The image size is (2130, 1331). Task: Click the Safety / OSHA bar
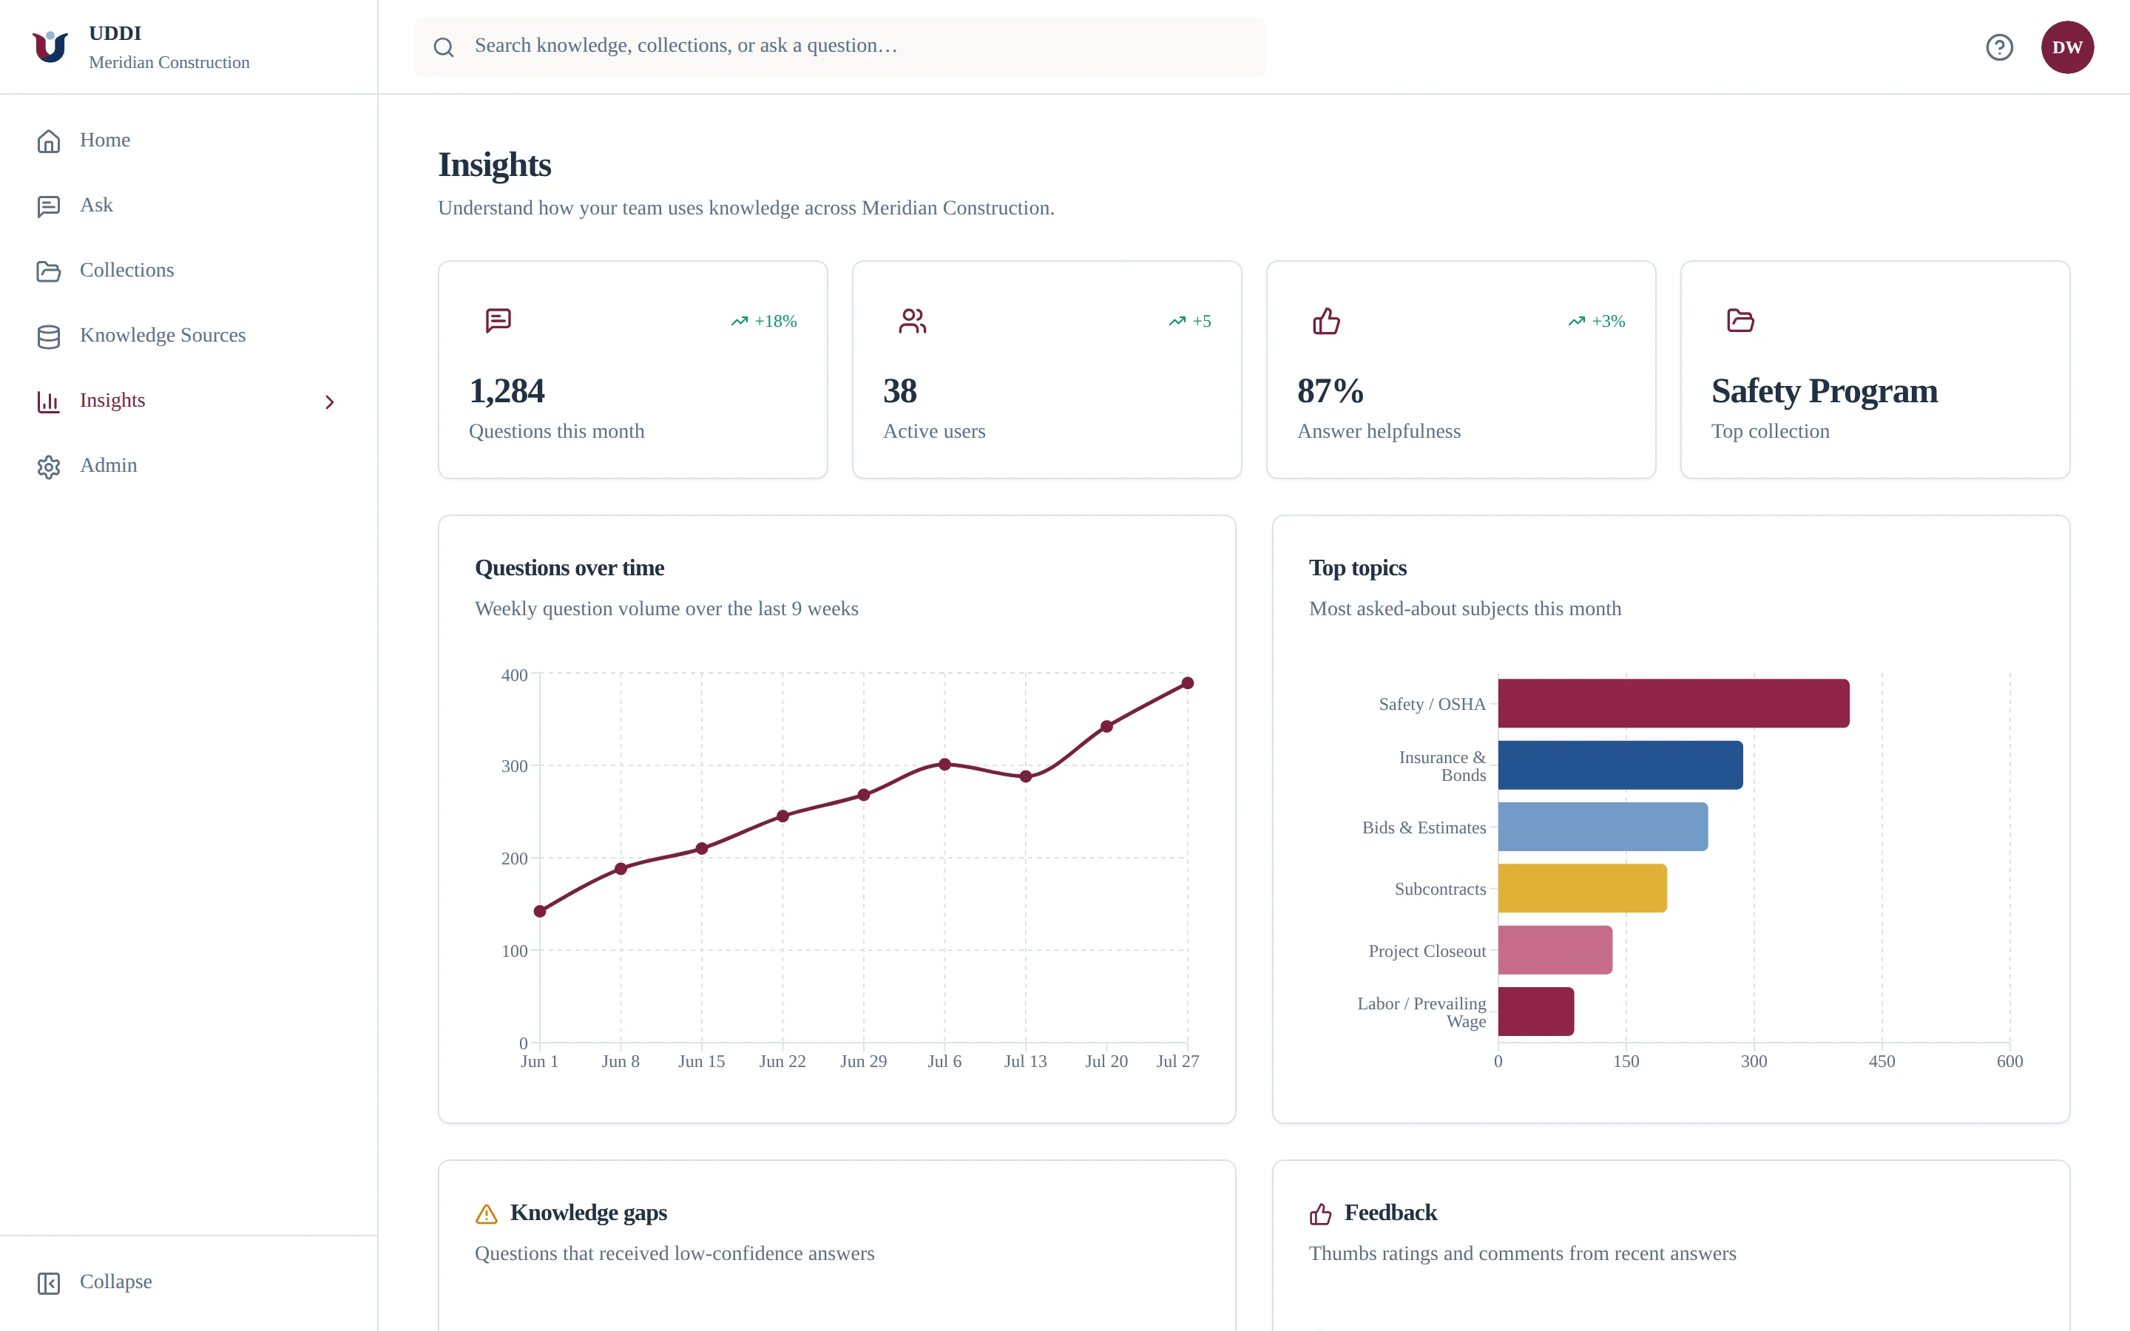click(x=1673, y=703)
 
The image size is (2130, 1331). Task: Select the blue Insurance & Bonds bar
click(x=1620, y=765)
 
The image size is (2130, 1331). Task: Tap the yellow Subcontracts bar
click(x=1583, y=888)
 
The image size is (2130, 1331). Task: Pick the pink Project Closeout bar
click(x=1555, y=950)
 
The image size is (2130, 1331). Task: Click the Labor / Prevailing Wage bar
click(x=1536, y=1012)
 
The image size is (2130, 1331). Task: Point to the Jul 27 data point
click(x=1187, y=683)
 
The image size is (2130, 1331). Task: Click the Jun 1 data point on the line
click(x=540, y=911)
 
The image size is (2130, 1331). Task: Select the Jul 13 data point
click(x=1025, y=776)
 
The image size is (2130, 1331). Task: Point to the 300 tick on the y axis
click(x=515, y=766)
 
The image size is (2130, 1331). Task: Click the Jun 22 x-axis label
click(x=782, y=1061)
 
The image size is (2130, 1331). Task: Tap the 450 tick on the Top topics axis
click(x=1881, y=1061)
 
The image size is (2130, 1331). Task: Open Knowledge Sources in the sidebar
click(x=163, y=336)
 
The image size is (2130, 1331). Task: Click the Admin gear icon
click(x=48, y=467)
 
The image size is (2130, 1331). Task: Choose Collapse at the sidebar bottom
click(x=115, y=1281)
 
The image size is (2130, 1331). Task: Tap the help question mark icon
click(x=2000, y=47)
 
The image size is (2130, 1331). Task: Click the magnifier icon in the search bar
click(x=444, y=47)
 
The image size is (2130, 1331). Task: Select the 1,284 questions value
click(x=507, y=391)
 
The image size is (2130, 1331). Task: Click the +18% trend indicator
click(x=764, y=322)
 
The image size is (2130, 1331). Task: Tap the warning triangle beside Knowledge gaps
click(x=486, y=1215)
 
